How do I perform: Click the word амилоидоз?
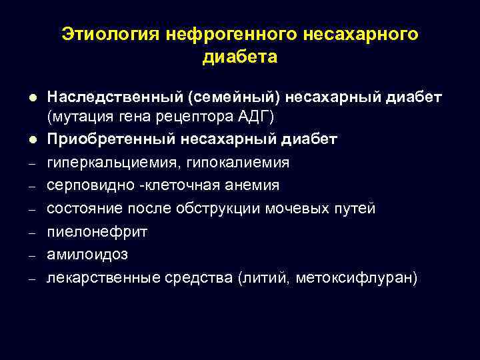click(x=87, y=255)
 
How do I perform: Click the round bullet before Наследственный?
click(x=31, y=97)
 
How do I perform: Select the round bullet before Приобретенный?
click(x=31, y=140)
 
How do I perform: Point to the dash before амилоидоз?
click(x=31, y=256)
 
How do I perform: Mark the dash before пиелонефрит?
click(x=31, y=233)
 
